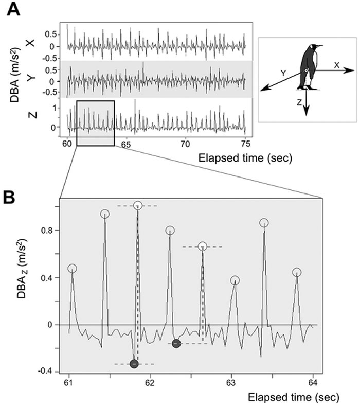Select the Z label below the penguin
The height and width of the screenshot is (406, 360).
pyautogui.click(x=299, y=102)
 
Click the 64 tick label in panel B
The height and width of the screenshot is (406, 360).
pyautogui.click(x=313, y=382)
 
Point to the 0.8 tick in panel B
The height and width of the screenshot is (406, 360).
pyautogui.click(x=49, y=231)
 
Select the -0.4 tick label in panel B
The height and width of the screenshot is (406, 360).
pyautogui.click(x=47, y=372)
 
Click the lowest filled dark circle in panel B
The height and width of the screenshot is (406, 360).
pyautogui.click(x=135, y=364)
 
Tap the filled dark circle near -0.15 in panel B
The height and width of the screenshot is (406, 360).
pyautogui.click(x=176, y=343)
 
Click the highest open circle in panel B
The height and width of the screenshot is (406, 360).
pyautogui.click(x=137, y=205)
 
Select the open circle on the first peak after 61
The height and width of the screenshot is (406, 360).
pyautogui.click(x=72, y=268)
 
